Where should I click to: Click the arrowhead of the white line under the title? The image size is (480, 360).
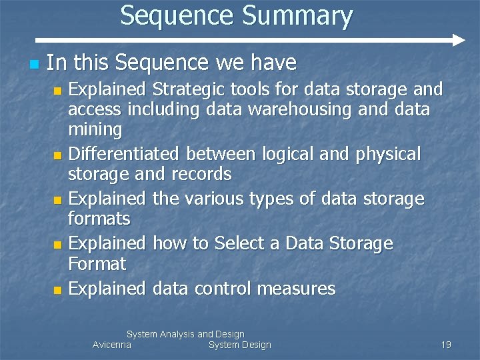coord(458,40)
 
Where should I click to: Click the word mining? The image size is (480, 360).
coord(95,129)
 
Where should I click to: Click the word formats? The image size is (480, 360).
coord(99,219)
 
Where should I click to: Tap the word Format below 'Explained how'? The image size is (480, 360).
coord(97,263)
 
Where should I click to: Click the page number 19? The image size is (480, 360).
coord(446,345)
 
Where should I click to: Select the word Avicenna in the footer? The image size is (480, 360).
coord(112,345)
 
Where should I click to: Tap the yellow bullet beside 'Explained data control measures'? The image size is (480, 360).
coord(58,290)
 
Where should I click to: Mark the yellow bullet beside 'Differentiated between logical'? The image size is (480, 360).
coord(58,156)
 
